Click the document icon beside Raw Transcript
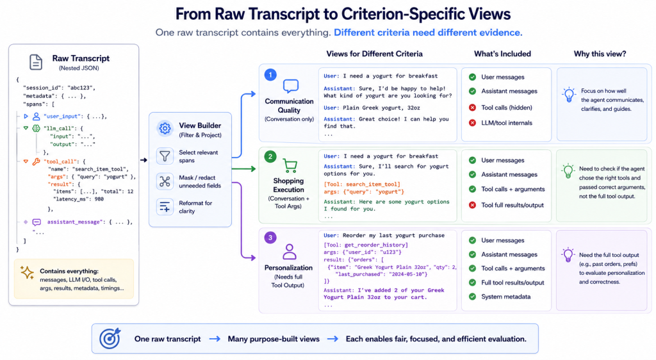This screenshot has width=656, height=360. coord(36,62)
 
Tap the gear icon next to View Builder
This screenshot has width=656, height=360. coord(165,128)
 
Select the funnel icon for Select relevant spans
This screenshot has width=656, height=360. coord(165,156)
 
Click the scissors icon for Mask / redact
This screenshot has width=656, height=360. coord(165,181)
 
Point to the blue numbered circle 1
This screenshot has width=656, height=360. coord(270,75)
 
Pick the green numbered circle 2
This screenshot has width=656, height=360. coord(270,156)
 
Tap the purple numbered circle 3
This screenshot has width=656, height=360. coord(270,238)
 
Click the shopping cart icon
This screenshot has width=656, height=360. coord(290,165)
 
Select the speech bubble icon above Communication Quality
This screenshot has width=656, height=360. coord(290,86)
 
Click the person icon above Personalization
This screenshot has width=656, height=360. coord(289,252)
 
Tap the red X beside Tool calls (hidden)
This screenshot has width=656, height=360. coord(472,108)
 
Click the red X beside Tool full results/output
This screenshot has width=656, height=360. coord(472,205)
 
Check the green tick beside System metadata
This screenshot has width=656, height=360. coord(472,297)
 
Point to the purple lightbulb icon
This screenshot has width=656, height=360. coord(568,255)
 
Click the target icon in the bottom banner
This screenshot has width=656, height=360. coord(110,338)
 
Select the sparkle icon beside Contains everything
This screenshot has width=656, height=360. coord(27,273)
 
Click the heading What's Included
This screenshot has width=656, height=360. coord(502,54)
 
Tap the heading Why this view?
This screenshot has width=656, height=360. coord(600,54)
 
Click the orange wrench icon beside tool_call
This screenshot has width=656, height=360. coord(37,161)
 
